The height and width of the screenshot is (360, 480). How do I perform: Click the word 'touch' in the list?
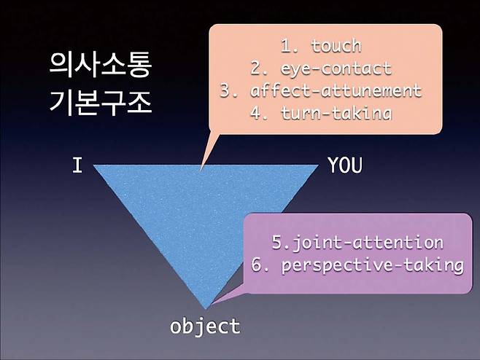pyautogui.click(x=336, y=47)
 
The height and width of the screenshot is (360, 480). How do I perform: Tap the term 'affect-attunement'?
pyautogui.click(x=336, y=91)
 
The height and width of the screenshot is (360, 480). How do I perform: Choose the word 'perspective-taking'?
pyautogui.click(x=373, y=265)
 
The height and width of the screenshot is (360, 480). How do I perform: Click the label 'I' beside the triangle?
pyautogui.click(x=77, y=165)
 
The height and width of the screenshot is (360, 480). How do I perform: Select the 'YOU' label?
pyautogui.click(x=344, y=165)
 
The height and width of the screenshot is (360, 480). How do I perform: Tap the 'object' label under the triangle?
pyautogui.click(x=205, y=326)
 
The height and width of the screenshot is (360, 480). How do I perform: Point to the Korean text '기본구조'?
pyautogui.click(x=101, y=103)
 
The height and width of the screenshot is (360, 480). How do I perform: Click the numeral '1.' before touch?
pyautogui.click(x=290, y=47)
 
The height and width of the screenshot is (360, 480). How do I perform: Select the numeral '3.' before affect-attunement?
pyautogui.click(x=229, y=91)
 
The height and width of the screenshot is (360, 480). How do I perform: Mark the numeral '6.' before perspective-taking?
pyautogui.click(x=260, y=265)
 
